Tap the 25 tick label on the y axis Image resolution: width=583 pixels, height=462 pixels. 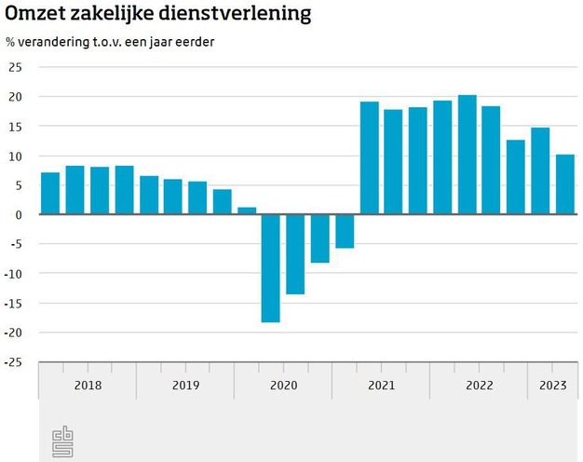pyautogui.click(x=15, y=67)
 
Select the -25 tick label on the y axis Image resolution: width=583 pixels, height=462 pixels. pyautogui.click(x=13, y=362)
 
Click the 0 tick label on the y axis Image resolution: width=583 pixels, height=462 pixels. pyautogui.click(x=18, y=215)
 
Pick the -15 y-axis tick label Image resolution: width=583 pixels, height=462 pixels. pyautogui.click(x=13, y=304)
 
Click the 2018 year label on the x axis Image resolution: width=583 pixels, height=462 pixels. pyautogui.click(x=88, y=386)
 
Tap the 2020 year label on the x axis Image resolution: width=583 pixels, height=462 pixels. pyautogui.click(x=283, y=386)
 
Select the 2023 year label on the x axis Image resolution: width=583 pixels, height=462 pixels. pyautogui.click(x=552, y=386)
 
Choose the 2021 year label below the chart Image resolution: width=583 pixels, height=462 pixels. pyautogui.click(x=381, y=386)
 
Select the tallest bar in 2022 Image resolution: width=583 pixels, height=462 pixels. pyautogui.click(x=468, y=155)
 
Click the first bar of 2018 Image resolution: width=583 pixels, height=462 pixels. pyautogui.click(x=50, y=194)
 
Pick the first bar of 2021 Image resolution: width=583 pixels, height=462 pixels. pyautogui.click(x=370, y=158)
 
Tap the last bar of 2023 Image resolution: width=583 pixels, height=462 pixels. pyautogui.click(x=565, y=184)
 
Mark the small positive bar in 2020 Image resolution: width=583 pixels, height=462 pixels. pyautogui.click(x=247, y=211)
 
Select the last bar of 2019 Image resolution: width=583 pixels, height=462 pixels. pyautogui.click(x=222, y=202)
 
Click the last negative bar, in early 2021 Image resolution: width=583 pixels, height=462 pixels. pyautogui.click(x=345, y=231)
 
